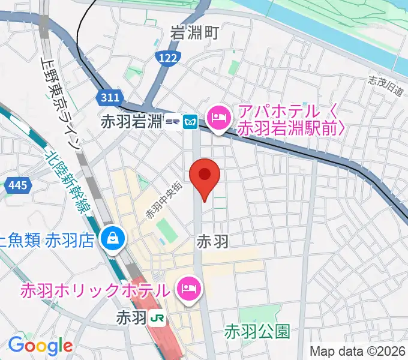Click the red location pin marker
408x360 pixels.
tap(205, 176)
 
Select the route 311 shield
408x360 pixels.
tap(110, 97)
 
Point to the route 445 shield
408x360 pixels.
tap(16, 186)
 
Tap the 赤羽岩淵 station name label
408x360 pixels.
tap(131, 122)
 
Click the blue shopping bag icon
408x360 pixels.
tap(112, 239)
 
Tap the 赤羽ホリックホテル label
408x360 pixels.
tap(94, 291)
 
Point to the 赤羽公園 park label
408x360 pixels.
tap(258, 330)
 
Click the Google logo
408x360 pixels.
tap(40, 346)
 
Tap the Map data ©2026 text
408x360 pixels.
tap(358, 351)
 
